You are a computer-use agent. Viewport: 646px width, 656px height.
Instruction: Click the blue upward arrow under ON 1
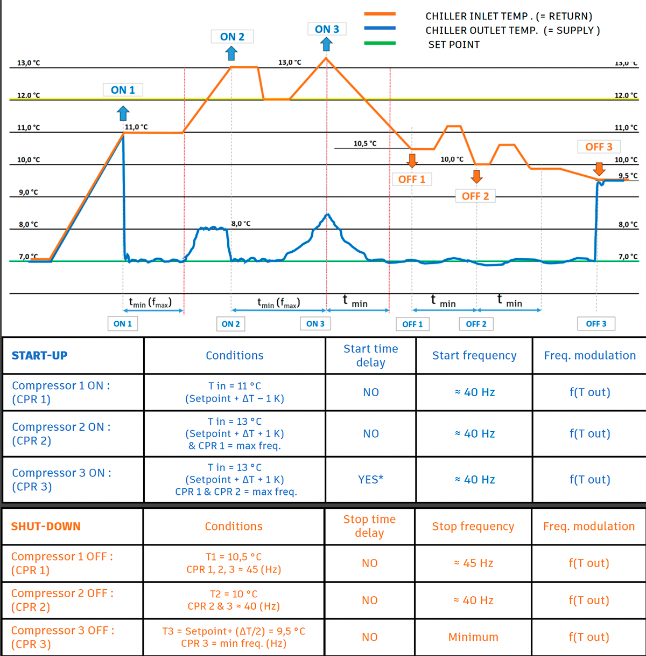123,113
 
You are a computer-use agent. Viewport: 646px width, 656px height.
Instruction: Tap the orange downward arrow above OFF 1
412,161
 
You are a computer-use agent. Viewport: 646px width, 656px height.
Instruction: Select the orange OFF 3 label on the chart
599,147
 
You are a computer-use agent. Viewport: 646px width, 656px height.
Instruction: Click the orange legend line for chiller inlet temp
380,14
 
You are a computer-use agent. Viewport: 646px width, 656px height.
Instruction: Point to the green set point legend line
380,43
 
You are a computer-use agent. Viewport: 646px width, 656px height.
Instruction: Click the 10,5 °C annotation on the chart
365,143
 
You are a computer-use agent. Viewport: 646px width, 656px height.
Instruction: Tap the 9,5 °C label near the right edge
628,176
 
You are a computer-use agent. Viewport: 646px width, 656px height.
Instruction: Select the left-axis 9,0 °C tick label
29,192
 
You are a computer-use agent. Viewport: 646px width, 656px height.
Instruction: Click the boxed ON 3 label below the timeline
315,324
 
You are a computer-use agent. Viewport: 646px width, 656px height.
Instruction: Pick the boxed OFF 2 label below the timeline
476,324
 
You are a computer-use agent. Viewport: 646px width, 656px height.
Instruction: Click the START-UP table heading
39,355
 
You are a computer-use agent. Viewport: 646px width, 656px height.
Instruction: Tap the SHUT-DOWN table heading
46,526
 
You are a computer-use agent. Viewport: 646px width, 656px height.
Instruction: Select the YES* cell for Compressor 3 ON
370,479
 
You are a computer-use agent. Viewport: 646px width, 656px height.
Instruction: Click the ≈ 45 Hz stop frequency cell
474,563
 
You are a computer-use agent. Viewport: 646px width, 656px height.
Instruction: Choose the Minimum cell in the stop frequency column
473,637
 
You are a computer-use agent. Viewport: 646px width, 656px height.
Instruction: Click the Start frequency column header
474,355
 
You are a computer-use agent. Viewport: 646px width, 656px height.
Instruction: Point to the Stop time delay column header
370,526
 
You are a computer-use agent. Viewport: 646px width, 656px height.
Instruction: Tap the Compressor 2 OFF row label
62,600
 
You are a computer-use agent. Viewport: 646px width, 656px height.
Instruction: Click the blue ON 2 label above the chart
232,37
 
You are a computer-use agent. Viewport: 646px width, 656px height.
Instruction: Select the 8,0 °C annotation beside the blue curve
241,224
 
